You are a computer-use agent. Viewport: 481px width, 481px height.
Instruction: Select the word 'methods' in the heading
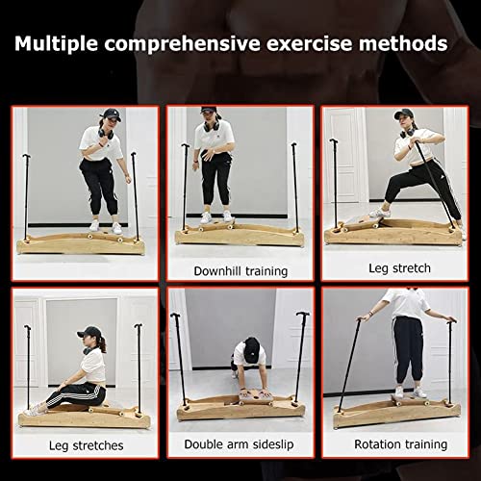coord(406,43)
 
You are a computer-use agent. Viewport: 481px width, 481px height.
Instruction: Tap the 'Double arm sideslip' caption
coord(240,444)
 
